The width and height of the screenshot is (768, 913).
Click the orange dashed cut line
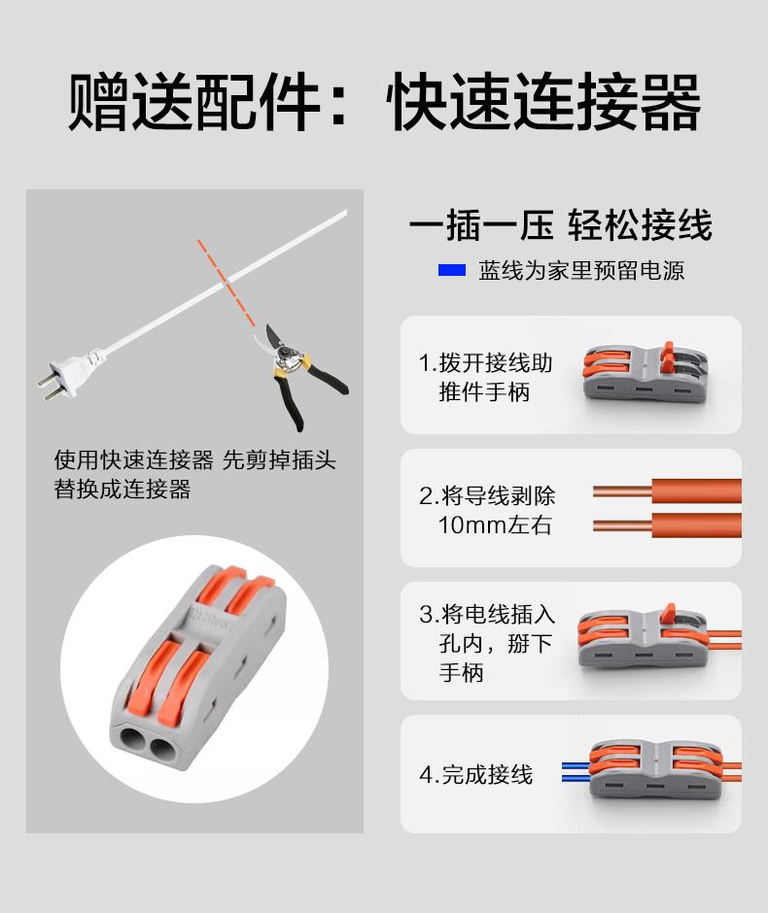point(227,283)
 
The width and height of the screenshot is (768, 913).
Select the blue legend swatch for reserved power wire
point(452,270)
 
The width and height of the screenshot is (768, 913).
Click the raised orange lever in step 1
point(669,356)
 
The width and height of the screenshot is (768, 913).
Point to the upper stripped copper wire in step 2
point(622,491)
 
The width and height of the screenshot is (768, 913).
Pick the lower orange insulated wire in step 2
point(696,525)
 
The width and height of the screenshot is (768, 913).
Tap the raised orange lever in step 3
point(669,613)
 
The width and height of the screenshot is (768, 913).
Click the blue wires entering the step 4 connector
point(576,771)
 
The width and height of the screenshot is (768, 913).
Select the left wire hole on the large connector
point(133,743)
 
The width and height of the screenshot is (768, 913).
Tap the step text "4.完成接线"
point(475,775)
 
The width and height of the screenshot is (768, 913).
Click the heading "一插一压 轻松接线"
point(561,224)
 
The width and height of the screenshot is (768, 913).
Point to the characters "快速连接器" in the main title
point(543,101)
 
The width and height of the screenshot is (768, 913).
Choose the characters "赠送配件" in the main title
point(194,101)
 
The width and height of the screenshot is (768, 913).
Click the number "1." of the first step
point(428,363)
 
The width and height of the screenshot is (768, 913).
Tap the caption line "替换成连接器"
point(122,490)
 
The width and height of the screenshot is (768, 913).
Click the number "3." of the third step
point(430,615)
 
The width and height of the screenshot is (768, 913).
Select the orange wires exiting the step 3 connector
point(724,639)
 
